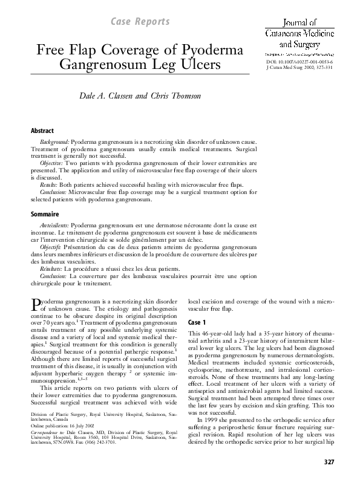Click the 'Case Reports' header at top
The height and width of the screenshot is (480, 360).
coord(139,22)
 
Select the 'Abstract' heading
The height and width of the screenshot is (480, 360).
coord(42,131)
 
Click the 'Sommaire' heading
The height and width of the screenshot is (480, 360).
coord(44,214)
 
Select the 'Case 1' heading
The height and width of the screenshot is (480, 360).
coord(197,322)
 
